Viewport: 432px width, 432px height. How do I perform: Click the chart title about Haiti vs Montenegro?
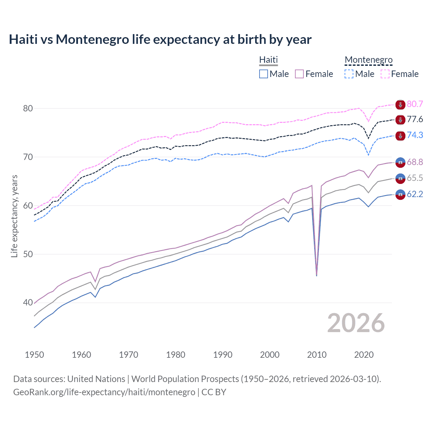pyautogui.click(x=160, y=39)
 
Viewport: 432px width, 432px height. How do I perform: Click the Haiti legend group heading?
pyautogui.click(x=268, y=60)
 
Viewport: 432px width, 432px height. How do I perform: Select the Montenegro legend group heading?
pyautogui.click(x=369, y=60)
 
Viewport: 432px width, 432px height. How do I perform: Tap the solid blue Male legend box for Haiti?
pyautogui.click(x=264, y=74)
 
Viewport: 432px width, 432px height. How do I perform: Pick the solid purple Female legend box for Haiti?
pyautogui.click(x=299, y=74)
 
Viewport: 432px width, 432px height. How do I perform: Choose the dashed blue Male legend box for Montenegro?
pyautogui.click(x=349, y=74)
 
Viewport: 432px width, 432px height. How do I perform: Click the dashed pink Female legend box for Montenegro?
pyautogui.click(x=385, y=74)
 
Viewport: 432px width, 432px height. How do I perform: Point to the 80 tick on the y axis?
pyautogui.click(x=28, y=108)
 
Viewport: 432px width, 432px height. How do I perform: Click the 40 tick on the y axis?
pyautogui.click(x=28, y=303)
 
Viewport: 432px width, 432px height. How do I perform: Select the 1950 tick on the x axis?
pyautogui.click(x=34, y=355)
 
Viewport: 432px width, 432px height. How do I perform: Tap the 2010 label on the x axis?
pyautogui.click(x=317, y=355)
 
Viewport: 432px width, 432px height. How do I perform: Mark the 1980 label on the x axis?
pyautogui.click(x=175, y=355)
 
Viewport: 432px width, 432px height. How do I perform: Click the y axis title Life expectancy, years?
pyautogui.click(x=14, y=216)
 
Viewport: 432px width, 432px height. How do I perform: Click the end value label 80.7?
pyautogui.click(x=415, y=104)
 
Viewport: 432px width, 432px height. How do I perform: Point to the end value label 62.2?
pyautogui.click(x=415, y=194)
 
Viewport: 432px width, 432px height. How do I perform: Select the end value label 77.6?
pyautogui.click(x=415, y=119)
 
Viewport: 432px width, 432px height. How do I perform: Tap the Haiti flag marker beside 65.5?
pyautogui.click(x=400, y=179)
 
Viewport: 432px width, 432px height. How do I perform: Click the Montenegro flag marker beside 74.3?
pyautogui.click(x=400, y=136)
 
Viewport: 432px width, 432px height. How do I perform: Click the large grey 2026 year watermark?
pyautogui.click(x=356, y=323)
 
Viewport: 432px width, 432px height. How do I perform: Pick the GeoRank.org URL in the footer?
pyautogui.click(x=104, y=392)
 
